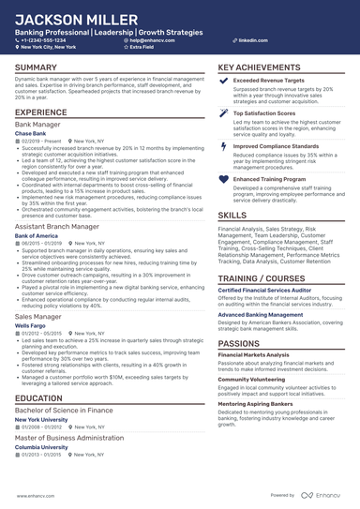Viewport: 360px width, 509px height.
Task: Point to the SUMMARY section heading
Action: (x=36, y=68)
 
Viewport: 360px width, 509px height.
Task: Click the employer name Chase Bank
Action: (x=31, y=134)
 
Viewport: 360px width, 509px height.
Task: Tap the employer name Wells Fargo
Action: (x=31, y=325)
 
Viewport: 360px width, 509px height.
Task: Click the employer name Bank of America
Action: (x=37, y=235)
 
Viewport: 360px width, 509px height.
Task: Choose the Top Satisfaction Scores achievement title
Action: (x=268, y=112)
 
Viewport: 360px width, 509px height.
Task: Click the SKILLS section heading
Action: (x=232, y=215)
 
